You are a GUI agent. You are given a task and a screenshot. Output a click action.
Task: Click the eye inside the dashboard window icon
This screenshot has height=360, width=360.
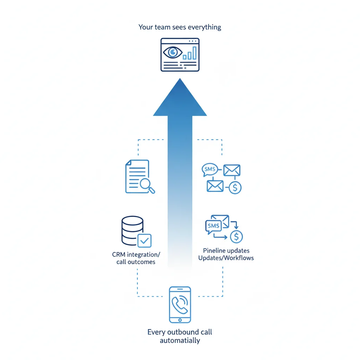[x=173, y=53]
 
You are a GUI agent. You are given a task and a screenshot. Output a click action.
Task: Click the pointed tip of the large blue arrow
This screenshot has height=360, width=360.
[x=180, y=79]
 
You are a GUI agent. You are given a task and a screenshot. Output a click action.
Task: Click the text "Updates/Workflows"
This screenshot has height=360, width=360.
[x=226, y=258]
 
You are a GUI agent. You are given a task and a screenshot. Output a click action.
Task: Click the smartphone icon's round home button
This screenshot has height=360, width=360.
[x=180, y=320]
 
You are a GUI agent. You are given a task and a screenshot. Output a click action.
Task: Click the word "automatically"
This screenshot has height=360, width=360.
[x=180, y=340]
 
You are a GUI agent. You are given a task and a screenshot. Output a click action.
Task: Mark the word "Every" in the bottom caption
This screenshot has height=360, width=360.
[x=155, y=332]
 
